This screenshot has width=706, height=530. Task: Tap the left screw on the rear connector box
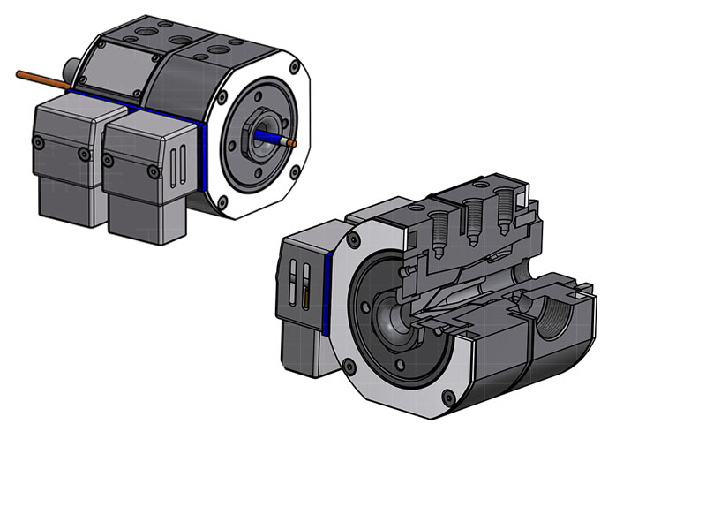pyautogui.click(x=38, y=142)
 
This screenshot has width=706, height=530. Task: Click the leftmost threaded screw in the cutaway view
pyautogui.click(x=437, y=221)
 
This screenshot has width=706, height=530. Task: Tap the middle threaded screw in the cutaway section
pyautogui.click(x=472, y=216)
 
